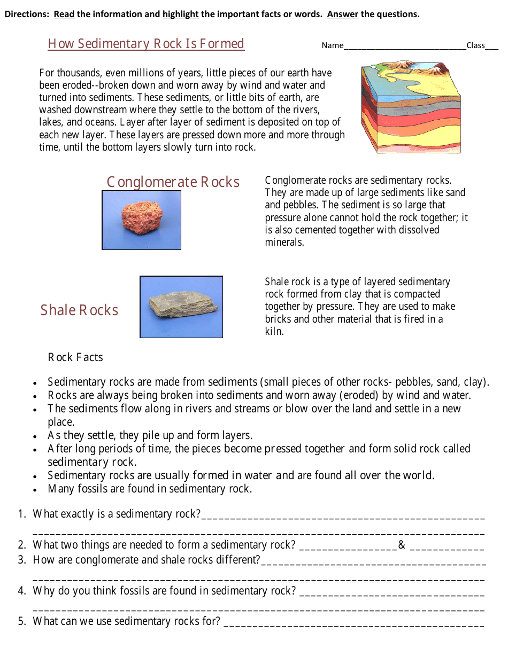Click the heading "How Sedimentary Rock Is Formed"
click(x=146, y=44)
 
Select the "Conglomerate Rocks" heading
click(x=173, y=182)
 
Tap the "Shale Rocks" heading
click(x=79, y=310)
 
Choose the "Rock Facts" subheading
click(x=75, y=357)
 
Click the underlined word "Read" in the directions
click(x=64, y=14)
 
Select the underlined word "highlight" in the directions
click(x=181, y=14)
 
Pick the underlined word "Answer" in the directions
click(x=343, y=14)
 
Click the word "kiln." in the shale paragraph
click(x=274, y=331)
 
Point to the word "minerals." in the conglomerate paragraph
click(x=284, y=243)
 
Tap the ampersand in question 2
click(x=402, y=545)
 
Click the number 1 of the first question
click(x=21, y=514)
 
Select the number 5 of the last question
click(x=21, y=621)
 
